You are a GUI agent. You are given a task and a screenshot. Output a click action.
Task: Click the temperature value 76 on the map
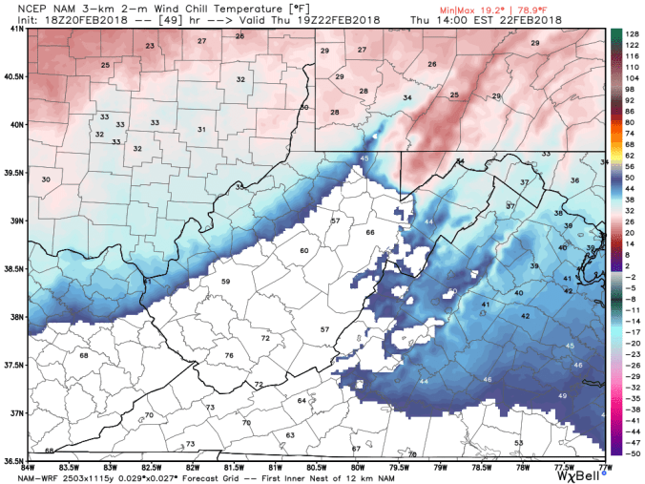[229, 355]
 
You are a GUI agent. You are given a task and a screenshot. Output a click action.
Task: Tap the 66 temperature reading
[370, 232]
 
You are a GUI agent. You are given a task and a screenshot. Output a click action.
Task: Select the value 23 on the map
[150, 46]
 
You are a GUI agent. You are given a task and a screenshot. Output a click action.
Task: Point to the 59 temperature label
[226, 282]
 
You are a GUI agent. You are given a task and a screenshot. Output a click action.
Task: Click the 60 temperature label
[304, 250]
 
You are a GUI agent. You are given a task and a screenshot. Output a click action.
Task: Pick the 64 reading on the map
[302, 401]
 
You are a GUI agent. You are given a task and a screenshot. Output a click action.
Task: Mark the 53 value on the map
[519, 443]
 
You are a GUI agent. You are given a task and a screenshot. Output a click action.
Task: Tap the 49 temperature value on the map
[562, 395]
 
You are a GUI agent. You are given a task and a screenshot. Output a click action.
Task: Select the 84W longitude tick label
[30, 466]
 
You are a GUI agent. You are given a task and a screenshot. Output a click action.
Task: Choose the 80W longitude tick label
[358, 466]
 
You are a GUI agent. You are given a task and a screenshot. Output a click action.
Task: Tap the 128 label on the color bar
[631, 32]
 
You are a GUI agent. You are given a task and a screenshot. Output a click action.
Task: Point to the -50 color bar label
[631, 452]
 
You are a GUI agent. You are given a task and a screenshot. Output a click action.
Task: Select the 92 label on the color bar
[631, 98]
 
